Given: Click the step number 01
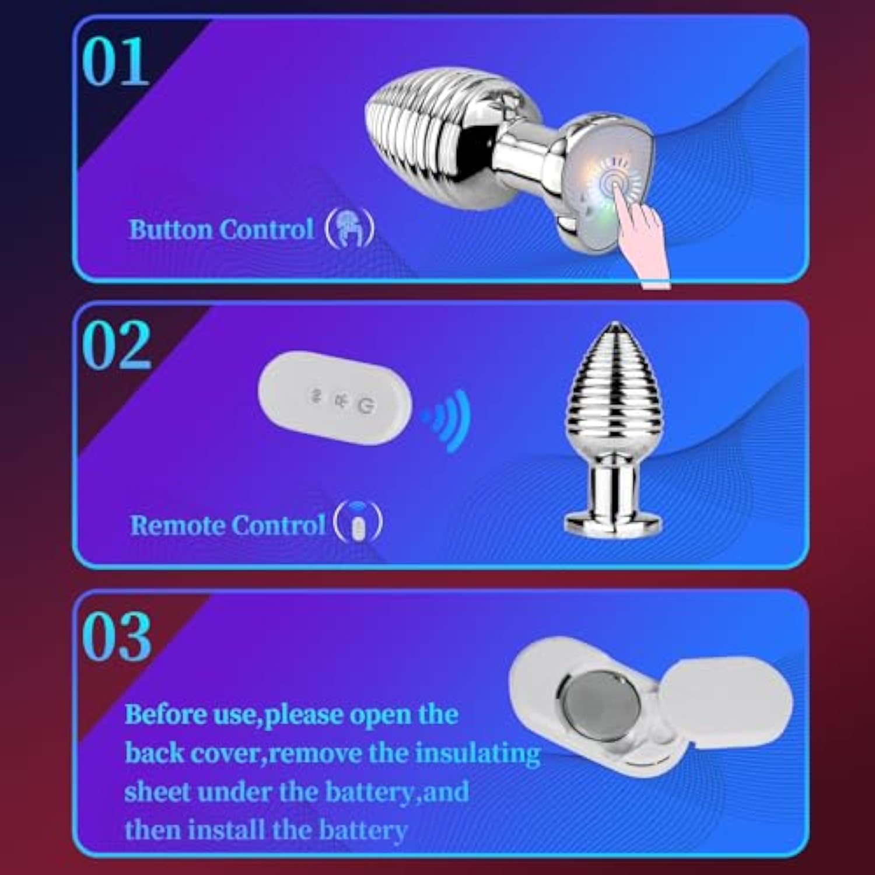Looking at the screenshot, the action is pos(115,61).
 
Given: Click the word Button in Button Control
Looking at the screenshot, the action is pos(171,229).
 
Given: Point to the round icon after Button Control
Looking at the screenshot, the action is pos(349,228).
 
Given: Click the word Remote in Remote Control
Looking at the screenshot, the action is pos(176,525).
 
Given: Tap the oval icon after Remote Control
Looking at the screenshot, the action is pos(358,521).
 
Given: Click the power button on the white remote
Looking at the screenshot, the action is pos(366,405).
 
